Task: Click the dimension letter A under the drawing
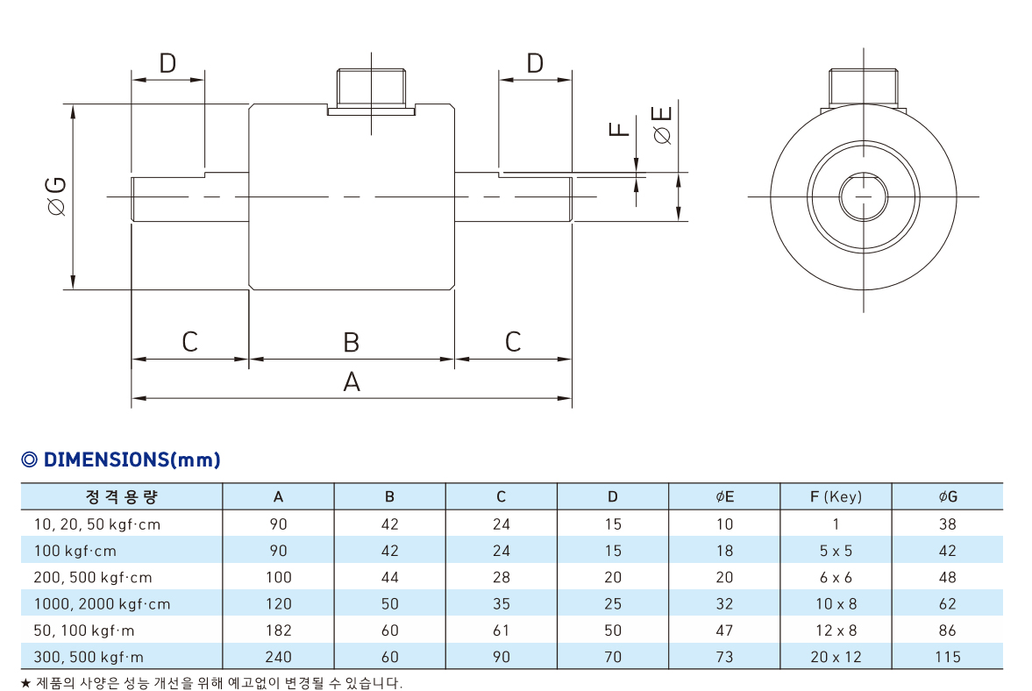coord(352,381)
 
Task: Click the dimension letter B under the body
coord(352,342)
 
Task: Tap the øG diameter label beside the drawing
coord(57,196)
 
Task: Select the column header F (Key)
coord(836,497)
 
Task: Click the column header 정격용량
coord(122,497)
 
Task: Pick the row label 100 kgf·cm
coord(75,551)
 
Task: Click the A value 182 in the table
coord(279,630)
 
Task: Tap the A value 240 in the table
coord(279,657)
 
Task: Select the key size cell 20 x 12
coord(836,657)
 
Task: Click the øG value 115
coord(947,657)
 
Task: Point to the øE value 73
coord(724,657)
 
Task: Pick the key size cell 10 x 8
coord(836,604)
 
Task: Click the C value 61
coord(502,630)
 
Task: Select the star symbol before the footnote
coord(25,683)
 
